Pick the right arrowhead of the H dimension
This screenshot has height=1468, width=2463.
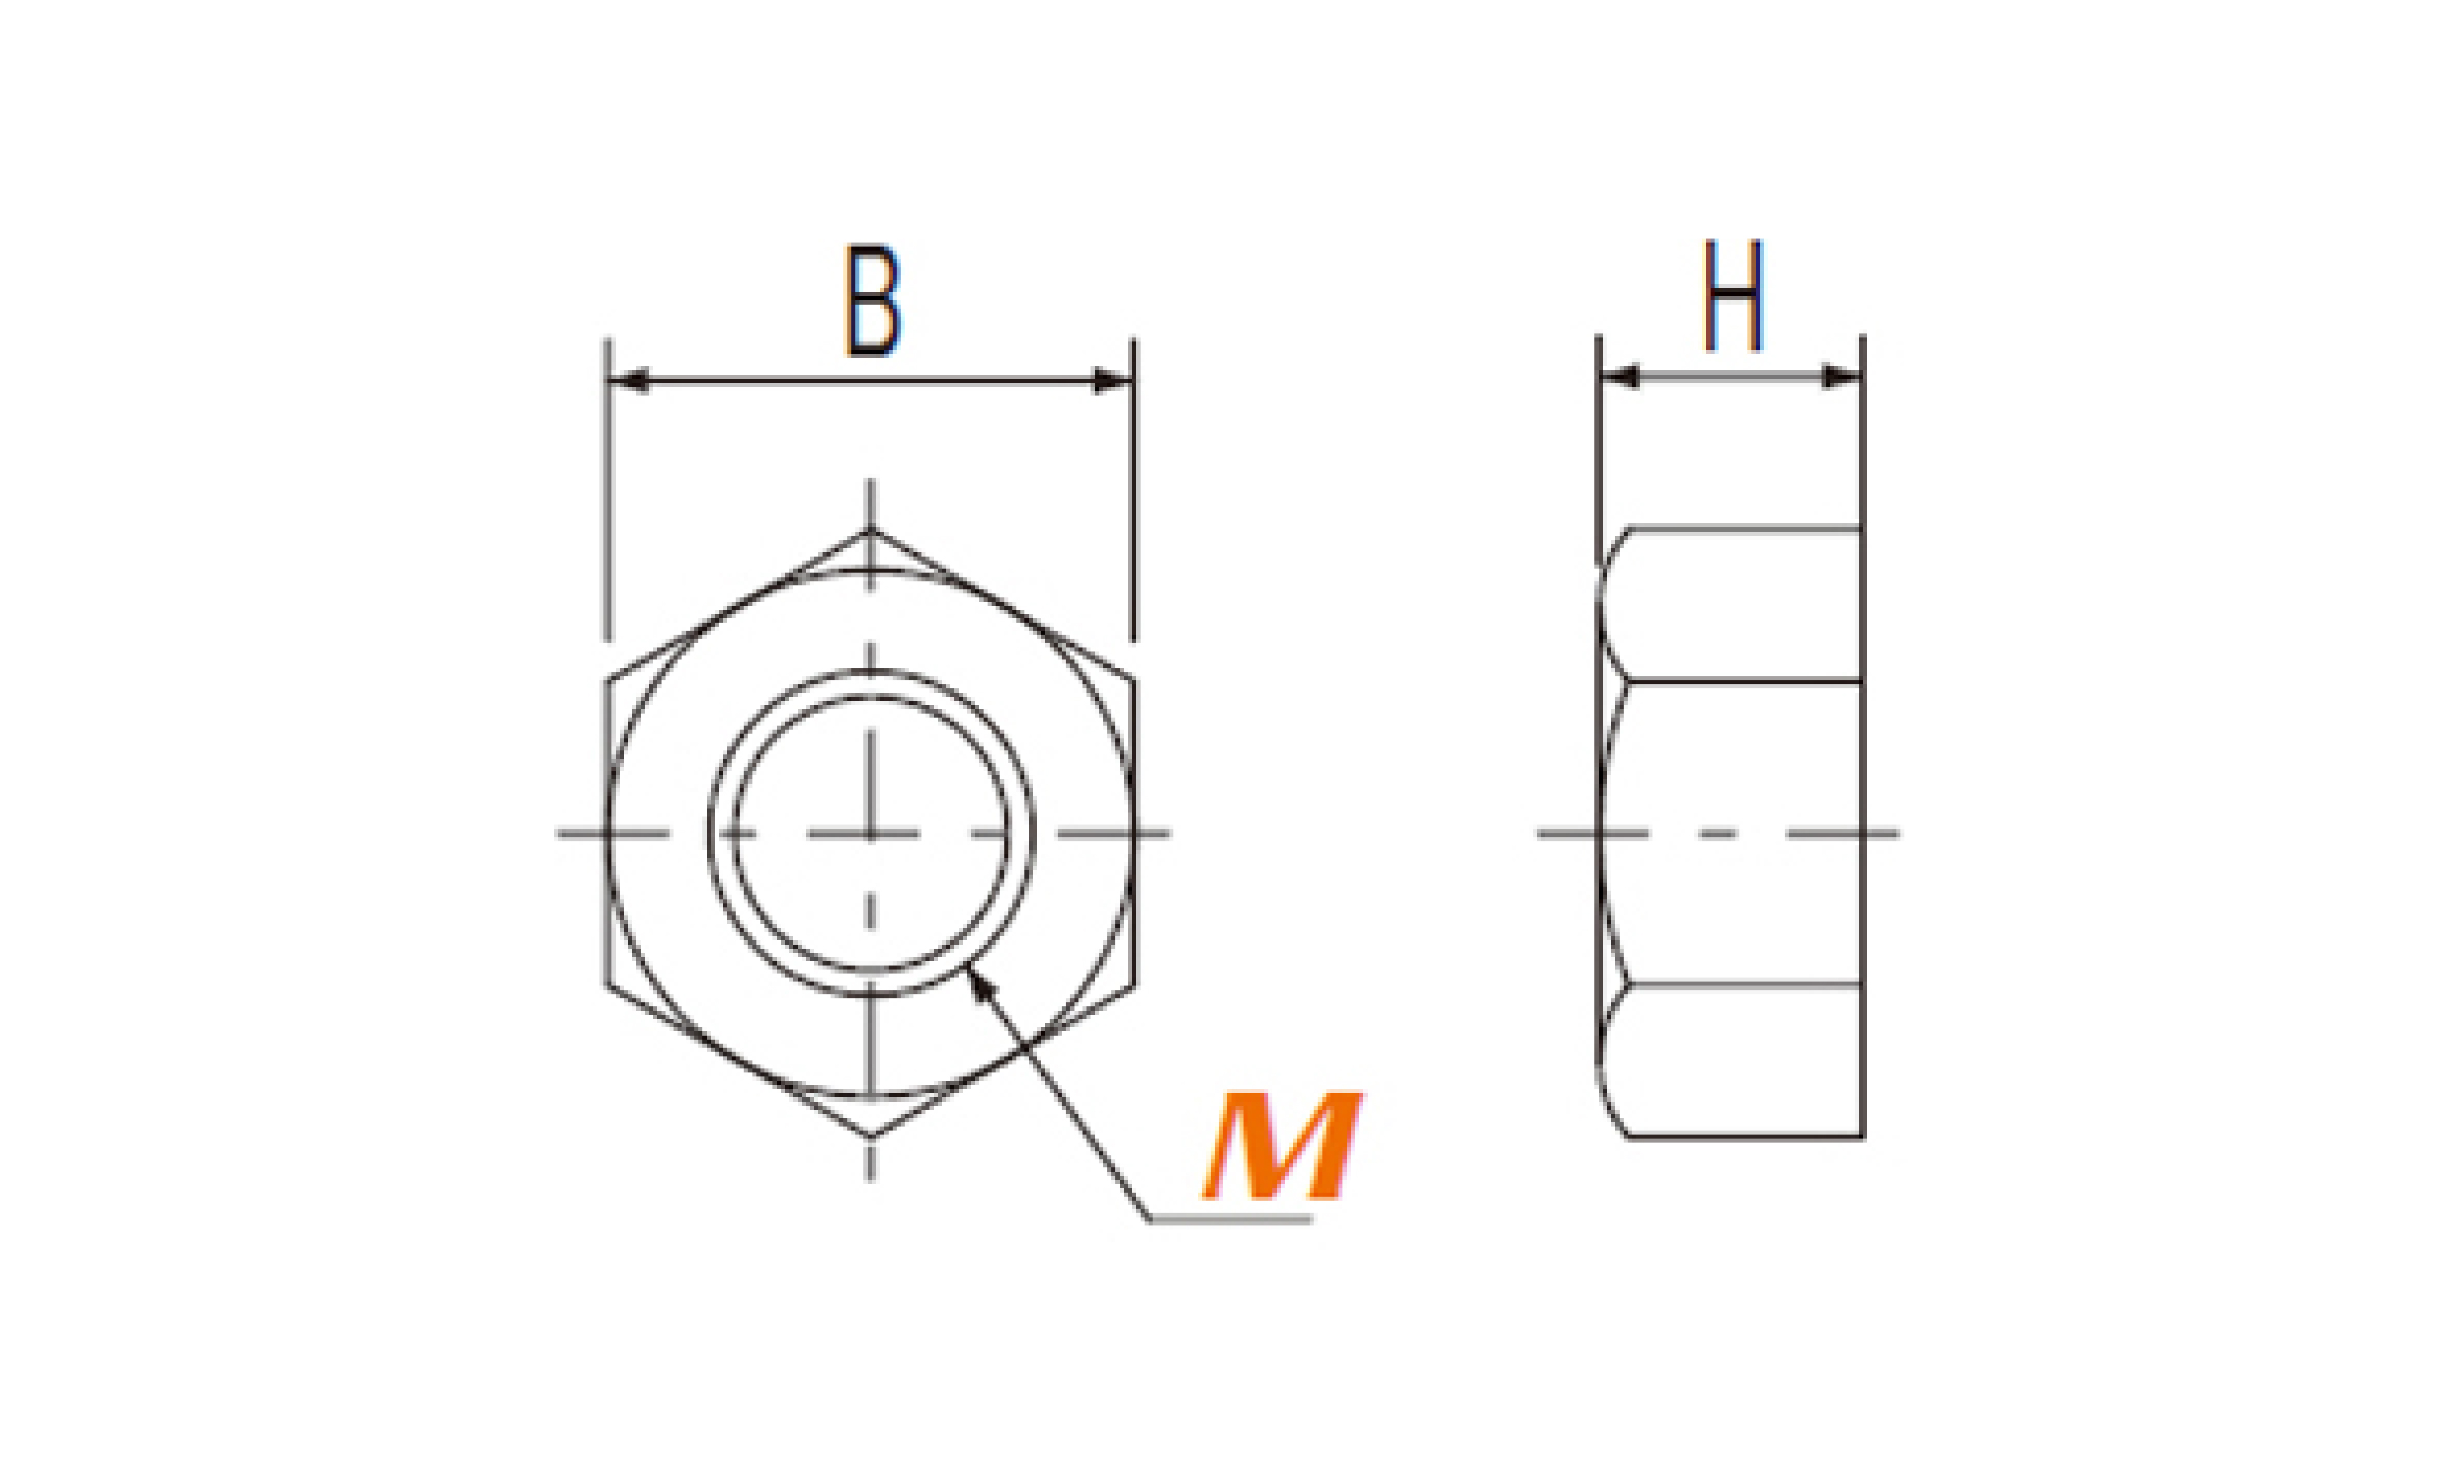click(1842, 377)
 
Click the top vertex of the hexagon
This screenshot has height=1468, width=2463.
click(871, 532)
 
